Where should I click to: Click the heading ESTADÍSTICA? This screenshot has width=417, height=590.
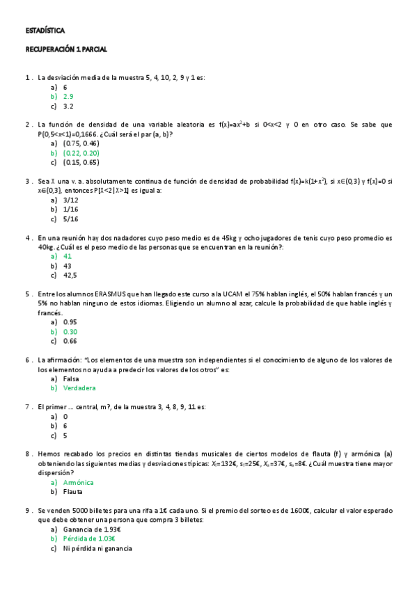[45, 31]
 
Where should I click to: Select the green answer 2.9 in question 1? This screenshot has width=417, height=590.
[68, 97]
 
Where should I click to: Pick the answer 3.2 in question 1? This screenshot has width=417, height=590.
[68, 106]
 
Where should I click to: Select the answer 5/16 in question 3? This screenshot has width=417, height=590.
[70, 218]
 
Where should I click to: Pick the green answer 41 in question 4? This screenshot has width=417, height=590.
[68, 256]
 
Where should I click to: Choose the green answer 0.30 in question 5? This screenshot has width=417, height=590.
[70, 332]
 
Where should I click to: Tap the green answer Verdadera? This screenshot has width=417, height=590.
[79, 388]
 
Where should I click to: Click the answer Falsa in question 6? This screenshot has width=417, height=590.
[71, 378]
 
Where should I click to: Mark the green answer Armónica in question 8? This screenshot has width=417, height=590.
[78, 482]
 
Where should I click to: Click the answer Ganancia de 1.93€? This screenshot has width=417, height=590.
[92, 529]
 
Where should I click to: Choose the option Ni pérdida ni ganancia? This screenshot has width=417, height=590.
[97, 548]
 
